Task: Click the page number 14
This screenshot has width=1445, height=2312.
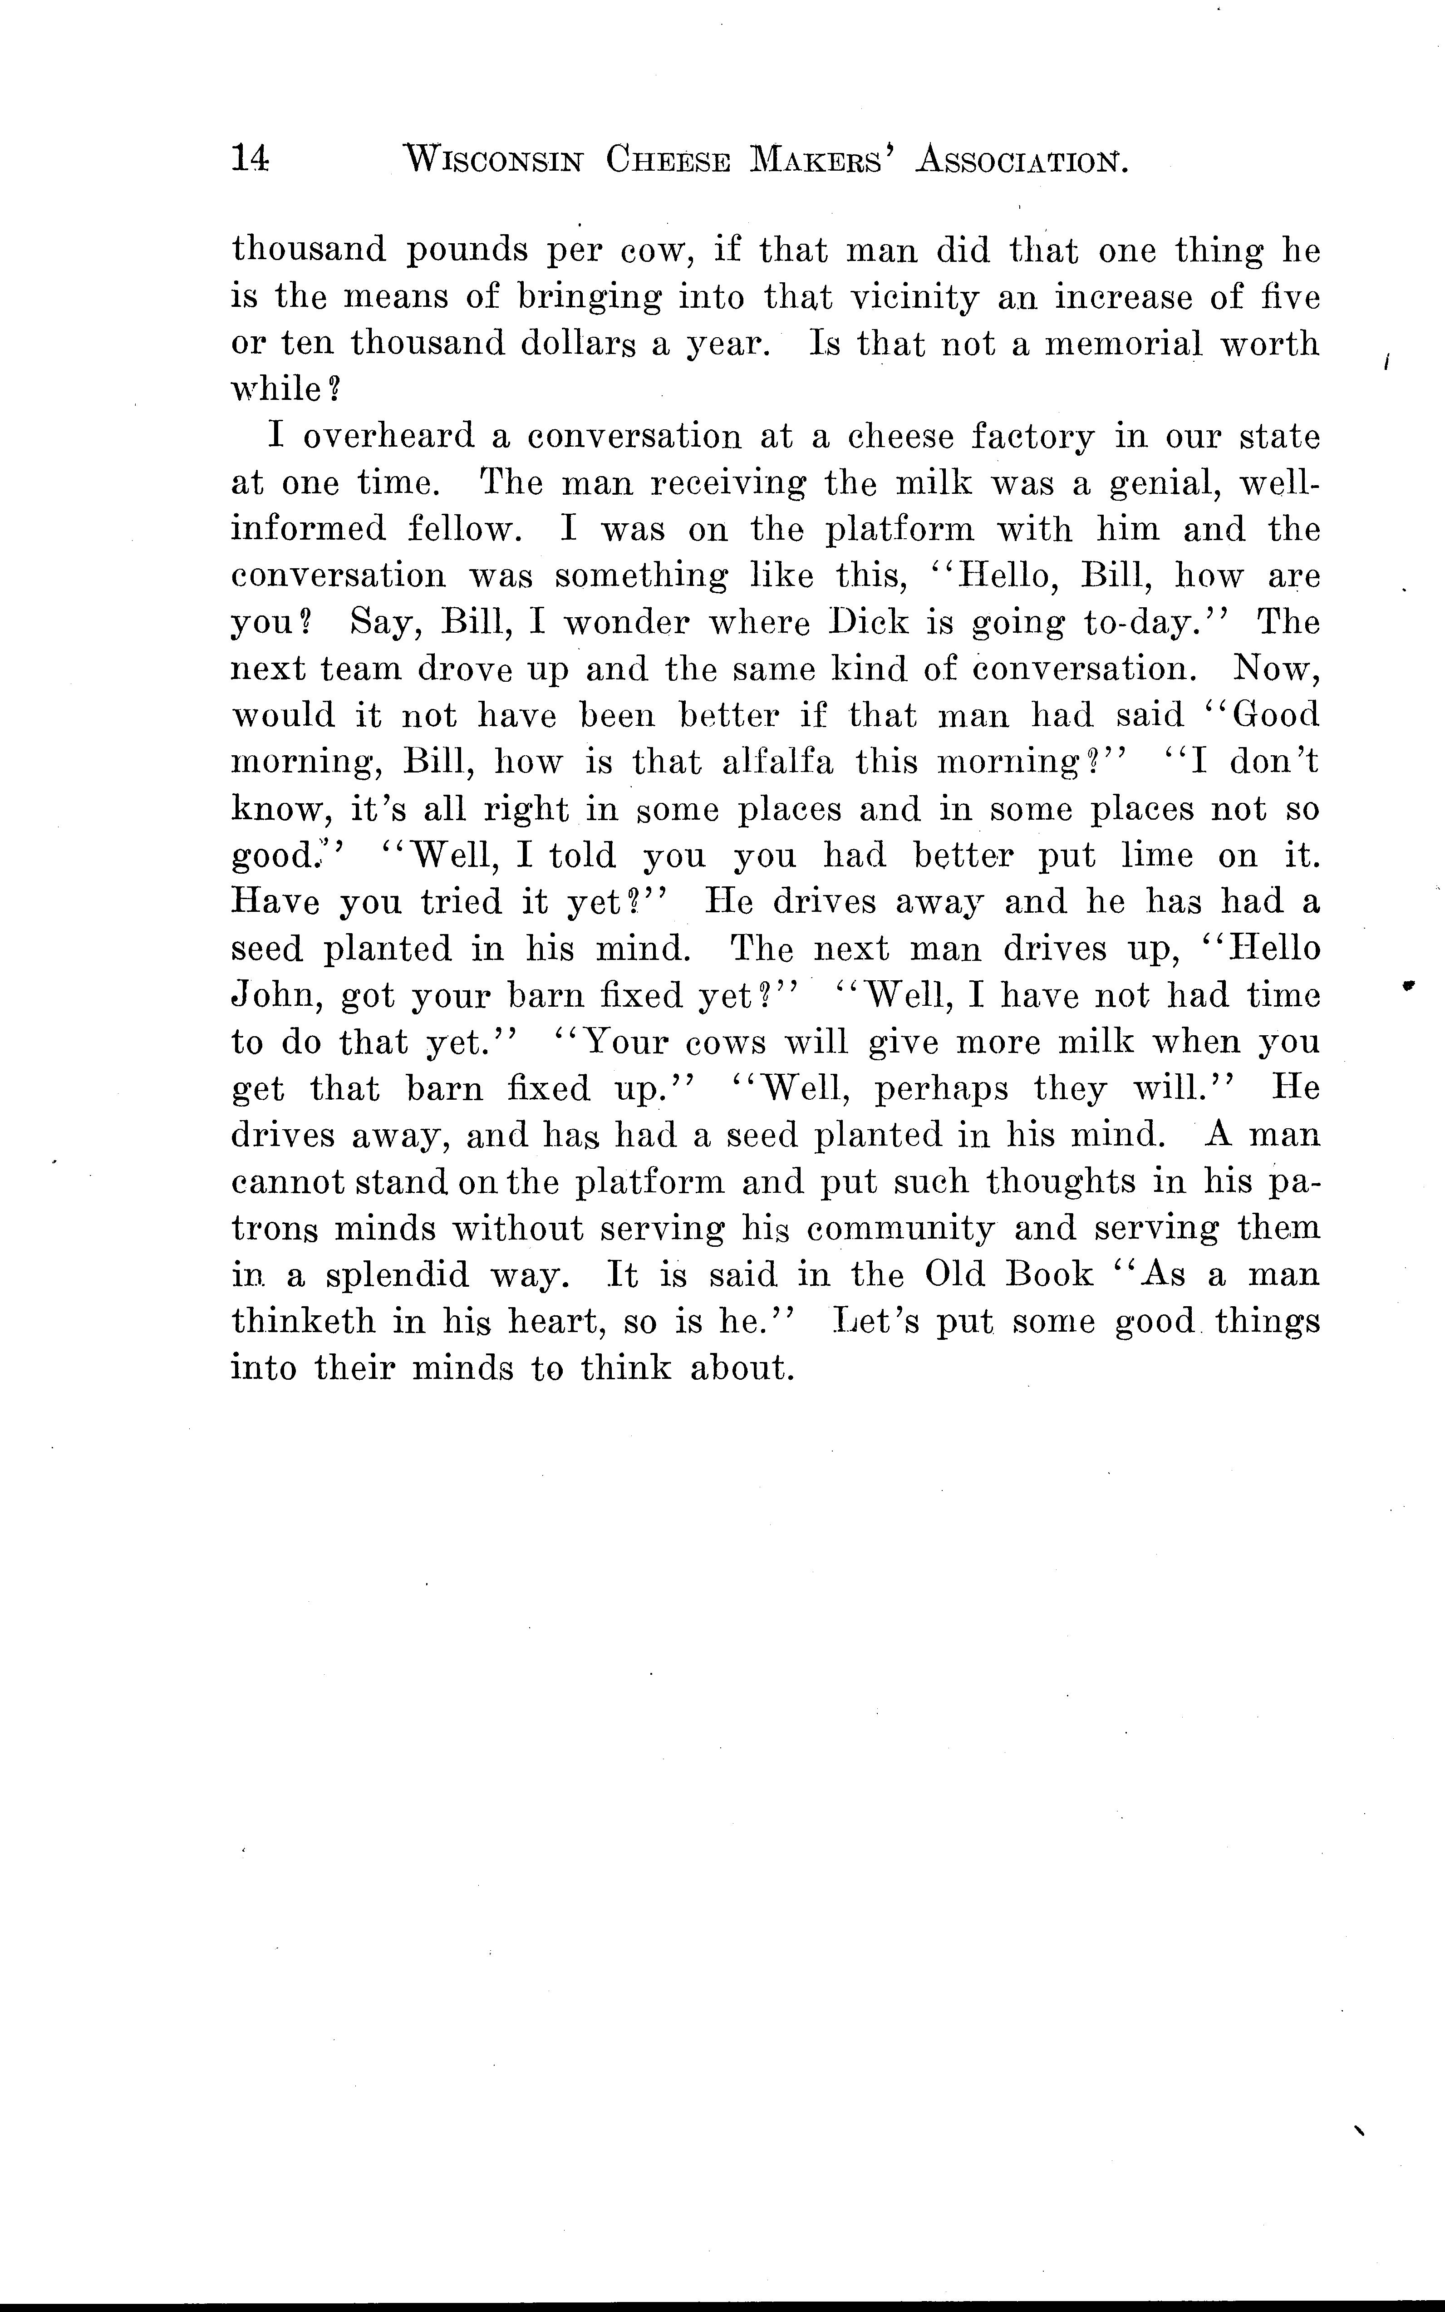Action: coord(251,157)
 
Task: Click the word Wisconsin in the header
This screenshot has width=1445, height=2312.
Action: coord(493,160)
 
